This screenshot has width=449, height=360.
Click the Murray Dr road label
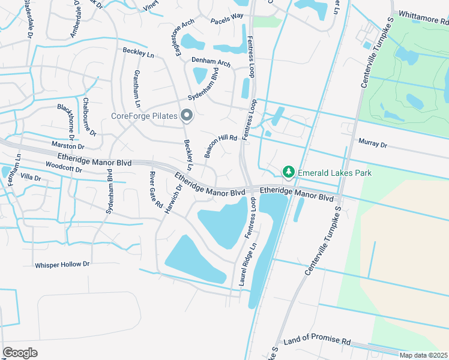click(x=373, y=144)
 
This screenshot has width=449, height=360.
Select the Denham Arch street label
click(x=211, y=62)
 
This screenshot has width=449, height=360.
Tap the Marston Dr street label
click(x=68, y=145)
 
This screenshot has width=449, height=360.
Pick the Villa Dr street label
click(x=30, y=178)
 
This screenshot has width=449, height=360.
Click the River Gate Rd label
click(x=155, y=189)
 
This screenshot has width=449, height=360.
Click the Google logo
click(x=20, y=352)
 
